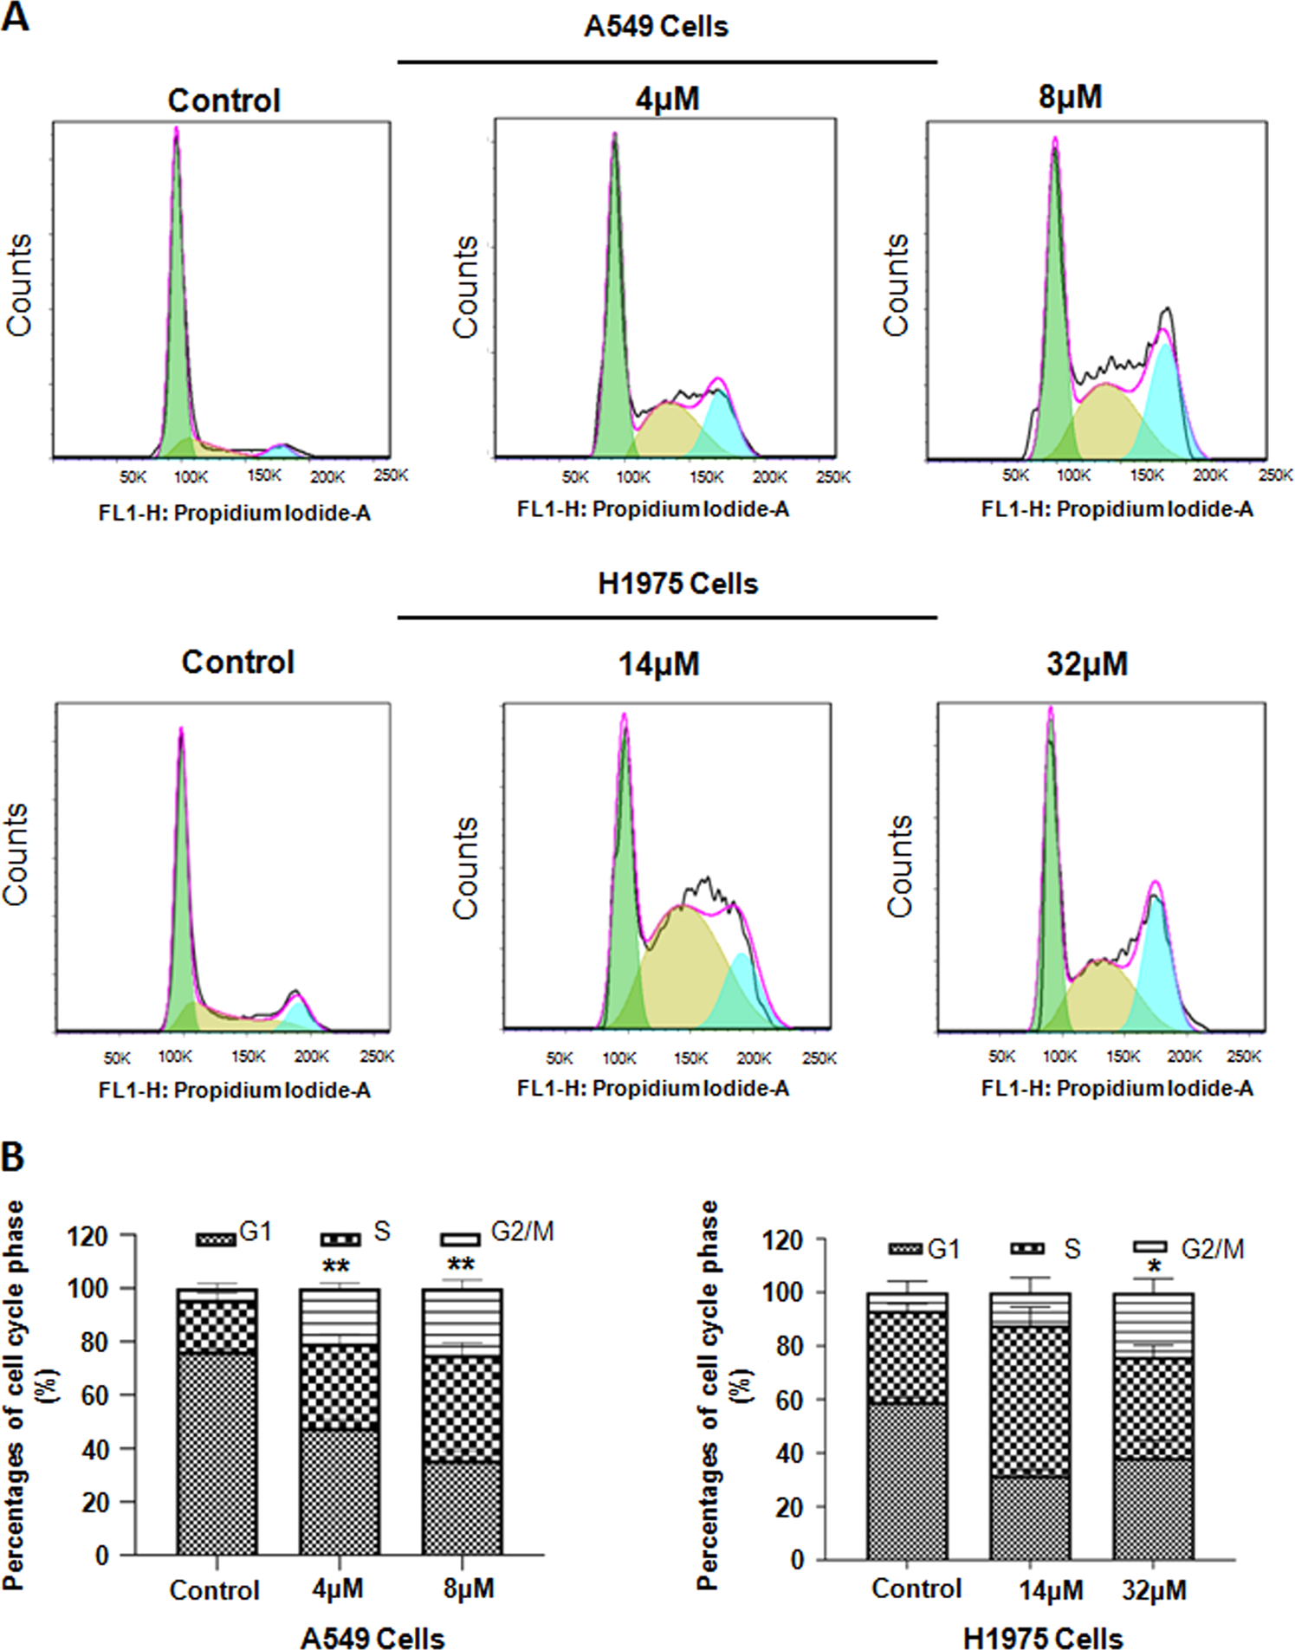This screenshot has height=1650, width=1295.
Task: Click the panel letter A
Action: (x=15, y=16)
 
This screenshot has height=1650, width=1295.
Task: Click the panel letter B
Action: (x=13, y=1156)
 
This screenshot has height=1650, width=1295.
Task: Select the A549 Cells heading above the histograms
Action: (x=656, y=26)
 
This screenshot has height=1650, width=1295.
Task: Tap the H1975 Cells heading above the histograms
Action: (x=677, y=584)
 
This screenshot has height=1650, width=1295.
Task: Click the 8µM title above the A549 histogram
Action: (x=1070, y=97)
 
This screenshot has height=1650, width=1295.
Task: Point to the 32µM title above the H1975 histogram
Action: (x=1087, y=664)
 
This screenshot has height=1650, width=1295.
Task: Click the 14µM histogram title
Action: (x=658, y=664)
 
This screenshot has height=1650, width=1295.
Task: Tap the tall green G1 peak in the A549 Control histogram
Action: (x=177, y=303)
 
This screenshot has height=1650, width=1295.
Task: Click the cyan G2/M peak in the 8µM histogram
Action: (x=1166, y=390)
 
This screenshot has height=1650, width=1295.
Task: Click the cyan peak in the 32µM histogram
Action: (x=1155, y=961)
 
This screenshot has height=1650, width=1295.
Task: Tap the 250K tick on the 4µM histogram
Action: (x=833, y=477)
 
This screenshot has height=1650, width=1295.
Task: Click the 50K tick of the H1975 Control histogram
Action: (x=117, y=1058)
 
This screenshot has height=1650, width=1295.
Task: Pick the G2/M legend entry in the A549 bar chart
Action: (x=498, y=1233)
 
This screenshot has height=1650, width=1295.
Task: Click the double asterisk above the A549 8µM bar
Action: (x=461, y=1265)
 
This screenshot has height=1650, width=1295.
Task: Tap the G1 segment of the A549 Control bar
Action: (x=217, y=1455)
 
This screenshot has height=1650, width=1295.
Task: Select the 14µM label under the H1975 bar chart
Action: (x=1050, y=1590)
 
